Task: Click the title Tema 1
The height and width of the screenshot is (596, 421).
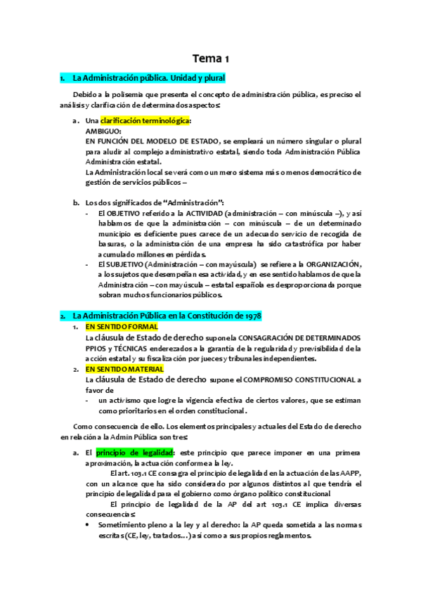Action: (210, 58)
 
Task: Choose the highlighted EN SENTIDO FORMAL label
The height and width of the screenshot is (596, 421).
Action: (122, 327)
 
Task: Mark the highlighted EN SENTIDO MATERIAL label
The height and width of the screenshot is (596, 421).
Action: (124, 368)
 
